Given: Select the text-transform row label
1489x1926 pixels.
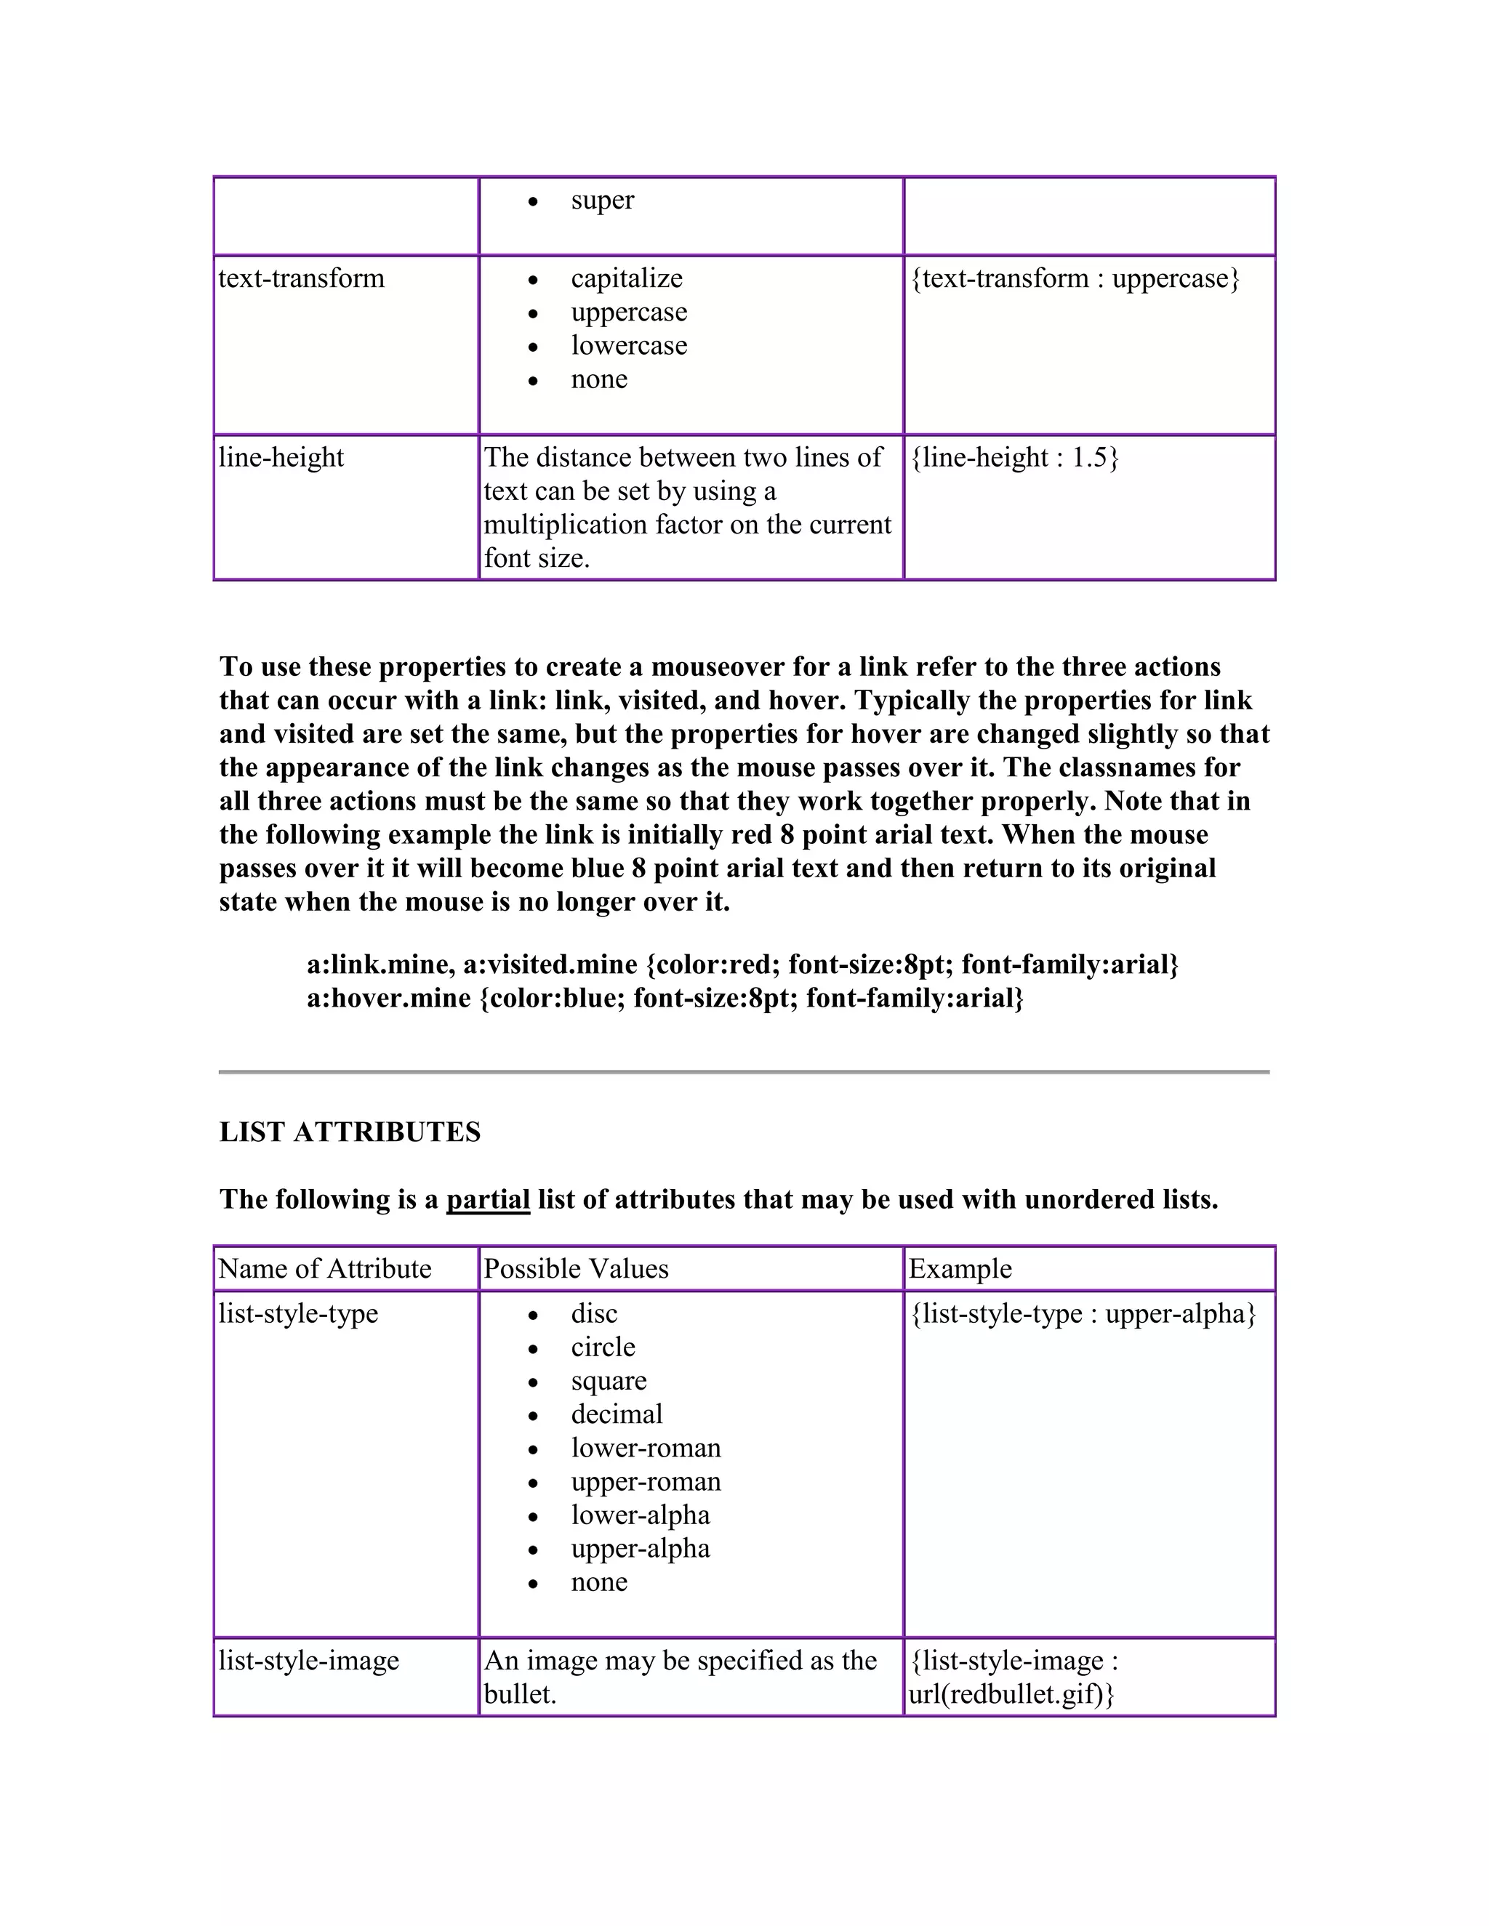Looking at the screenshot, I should [x=301, y=278].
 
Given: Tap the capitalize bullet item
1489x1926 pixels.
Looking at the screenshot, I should [x=626, y=278].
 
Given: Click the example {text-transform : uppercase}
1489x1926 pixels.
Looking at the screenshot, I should [x=1075, y=278].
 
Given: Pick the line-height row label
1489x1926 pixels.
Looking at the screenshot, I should [x=281, y=458].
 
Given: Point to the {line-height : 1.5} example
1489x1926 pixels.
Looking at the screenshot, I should [x=1014, y=458].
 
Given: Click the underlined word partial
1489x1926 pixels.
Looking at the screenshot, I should [x=488, y=1199].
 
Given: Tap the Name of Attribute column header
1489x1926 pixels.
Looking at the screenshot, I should [x=324, y=1269].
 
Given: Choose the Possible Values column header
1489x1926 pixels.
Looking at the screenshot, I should [x=576, y=1269].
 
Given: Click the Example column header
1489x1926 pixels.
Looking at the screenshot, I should [x=960, y=1269].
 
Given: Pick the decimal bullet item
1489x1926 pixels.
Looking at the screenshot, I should [x=616, y=1414].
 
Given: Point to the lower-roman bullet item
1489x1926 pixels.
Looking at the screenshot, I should [x=646, y=1448].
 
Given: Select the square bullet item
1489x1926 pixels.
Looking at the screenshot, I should [x=609, y=1381].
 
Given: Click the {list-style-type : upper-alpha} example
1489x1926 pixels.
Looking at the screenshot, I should [x=1083, y=1314].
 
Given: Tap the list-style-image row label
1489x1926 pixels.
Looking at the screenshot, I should [x=309, y=1661].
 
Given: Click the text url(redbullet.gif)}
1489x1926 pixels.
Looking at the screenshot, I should [x=1011, y=1694].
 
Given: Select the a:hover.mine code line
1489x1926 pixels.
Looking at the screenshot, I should [x=665, y=999].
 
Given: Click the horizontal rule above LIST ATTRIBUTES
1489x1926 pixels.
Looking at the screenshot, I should [x=744, y=1071].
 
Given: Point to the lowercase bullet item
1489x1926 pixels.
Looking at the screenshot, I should [x=628, y=346].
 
